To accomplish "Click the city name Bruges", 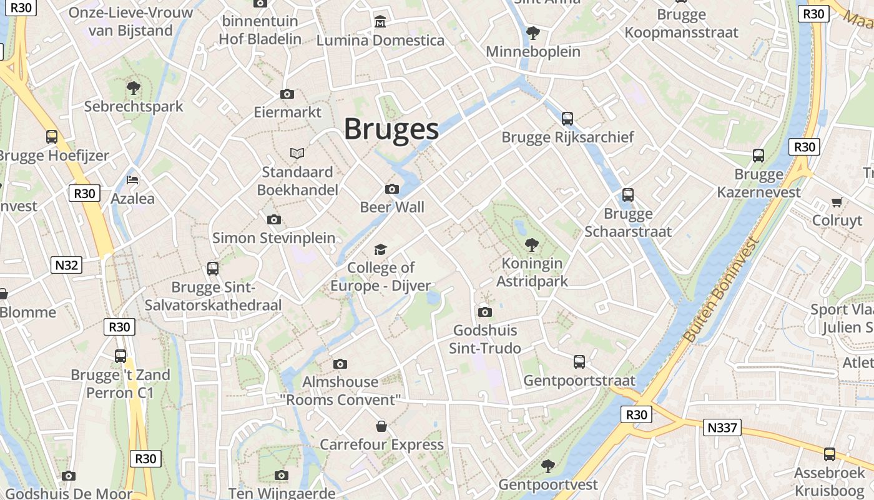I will [x=391, y=129].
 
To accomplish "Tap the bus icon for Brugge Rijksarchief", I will [x=567, y=118].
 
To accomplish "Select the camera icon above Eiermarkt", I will [x=287, y=94].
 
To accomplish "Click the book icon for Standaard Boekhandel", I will [x=297, y=153].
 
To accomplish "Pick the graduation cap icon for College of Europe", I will [x=380, y=250].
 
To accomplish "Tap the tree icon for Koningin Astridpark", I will [x=532, y=244].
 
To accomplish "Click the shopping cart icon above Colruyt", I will [x=837, y=202].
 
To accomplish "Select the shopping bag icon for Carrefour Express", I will [x=381, y=426].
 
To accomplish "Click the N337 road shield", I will [x=723, y=428].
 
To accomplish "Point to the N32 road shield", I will [x=67, y=265].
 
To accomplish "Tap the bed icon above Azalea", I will [x=132, y=180].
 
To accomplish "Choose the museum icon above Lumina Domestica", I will [x=380, y=22].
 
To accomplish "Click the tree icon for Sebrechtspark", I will [x=133, y=87].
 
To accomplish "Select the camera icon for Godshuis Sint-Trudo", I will [x=485, y=312].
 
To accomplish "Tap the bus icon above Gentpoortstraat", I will [x=579, y=361].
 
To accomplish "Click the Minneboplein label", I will [x=533, y=51].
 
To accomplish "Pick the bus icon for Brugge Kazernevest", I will [x=759, y=156].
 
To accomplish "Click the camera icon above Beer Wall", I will [x=392, y=189].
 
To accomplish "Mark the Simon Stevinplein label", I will [x=274, y=238].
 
